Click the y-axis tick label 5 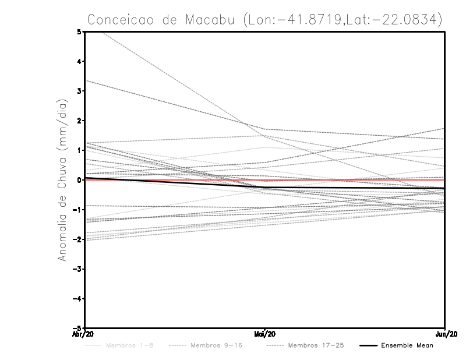[x=79, y=31]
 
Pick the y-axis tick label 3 [x=79, y=91]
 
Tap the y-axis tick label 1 [x=79, y=150]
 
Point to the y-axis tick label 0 [x=79, y=180]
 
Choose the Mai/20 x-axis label [x=265, y=334]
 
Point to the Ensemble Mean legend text [x=407, y=345]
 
